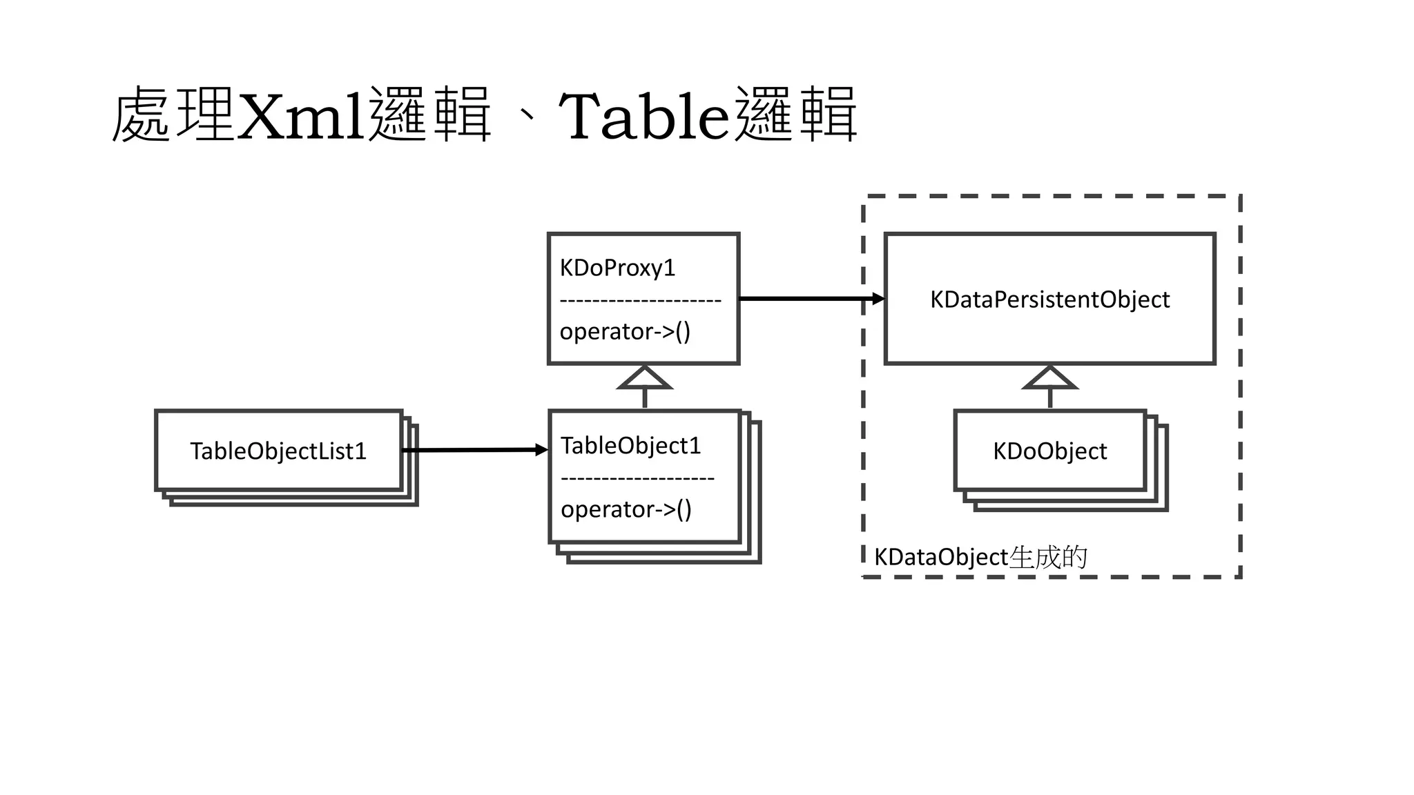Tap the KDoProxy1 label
[x=617, y=268]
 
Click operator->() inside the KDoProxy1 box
[x=625, y=332]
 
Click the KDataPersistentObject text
[x=1049, y=300]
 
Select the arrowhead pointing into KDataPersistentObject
[x=878, y=299]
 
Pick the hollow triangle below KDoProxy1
[x=644, y=379]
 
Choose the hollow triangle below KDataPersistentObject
[x=1049, y=379]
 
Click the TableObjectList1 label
[x=278, y=451]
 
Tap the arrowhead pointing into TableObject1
[x=542, y=450]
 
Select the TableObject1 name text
[x=630, y=446]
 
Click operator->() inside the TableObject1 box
[x=626, y=510]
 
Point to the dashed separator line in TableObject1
[x=637, y=478]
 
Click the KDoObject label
[x=1049, y=451]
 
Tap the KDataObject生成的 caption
[x=980, y=557]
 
